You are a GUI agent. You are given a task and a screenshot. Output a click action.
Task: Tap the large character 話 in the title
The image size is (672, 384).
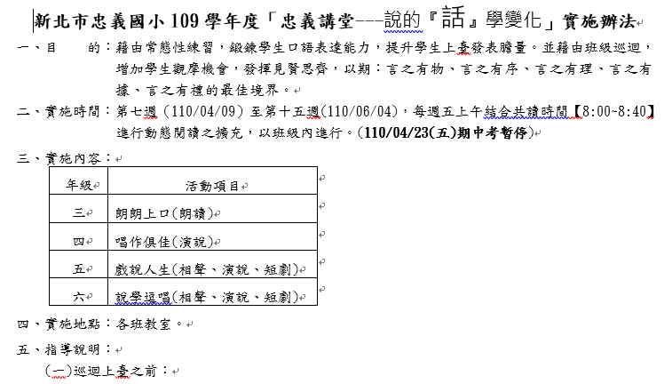454,17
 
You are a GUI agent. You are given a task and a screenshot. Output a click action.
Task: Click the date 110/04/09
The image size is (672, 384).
203,111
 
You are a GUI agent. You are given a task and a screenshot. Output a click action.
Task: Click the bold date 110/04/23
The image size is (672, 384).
397,133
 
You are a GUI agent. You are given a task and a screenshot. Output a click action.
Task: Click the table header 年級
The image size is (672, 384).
79,186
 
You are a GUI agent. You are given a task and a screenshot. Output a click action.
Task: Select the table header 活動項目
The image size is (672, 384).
212,186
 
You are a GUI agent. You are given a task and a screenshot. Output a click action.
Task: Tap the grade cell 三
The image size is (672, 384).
79,212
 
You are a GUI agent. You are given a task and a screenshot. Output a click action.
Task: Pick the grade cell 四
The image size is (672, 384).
79,242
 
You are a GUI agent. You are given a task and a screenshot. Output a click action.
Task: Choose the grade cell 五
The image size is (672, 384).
79,269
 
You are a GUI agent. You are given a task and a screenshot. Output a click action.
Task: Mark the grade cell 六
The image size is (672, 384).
79,297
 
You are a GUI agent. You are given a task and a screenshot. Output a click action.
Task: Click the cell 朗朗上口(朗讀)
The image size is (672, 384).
164,213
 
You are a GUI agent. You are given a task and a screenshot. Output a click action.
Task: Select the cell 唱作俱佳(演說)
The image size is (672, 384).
164,242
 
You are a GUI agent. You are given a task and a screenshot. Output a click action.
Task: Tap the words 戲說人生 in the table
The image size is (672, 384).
143,270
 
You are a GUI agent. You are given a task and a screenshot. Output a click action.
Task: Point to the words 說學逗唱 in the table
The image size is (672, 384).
143,297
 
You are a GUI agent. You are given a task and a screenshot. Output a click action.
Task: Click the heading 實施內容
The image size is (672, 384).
73,159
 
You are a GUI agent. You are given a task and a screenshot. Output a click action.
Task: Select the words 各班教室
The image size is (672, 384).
144,324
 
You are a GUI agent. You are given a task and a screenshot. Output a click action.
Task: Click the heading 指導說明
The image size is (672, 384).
73,349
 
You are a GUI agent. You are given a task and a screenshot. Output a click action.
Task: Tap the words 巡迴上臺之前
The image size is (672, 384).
115,372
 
